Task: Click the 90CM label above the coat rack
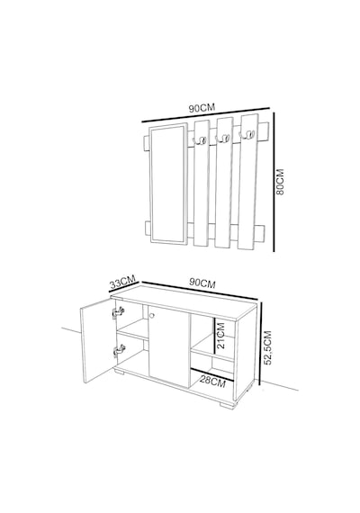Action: click(202, 108)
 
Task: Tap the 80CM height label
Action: click(280, 182)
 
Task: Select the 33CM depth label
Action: click(122, 282)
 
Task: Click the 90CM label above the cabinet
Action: click(202, 283)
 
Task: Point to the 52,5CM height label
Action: click(267, 347)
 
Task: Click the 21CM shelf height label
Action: click(221, 336)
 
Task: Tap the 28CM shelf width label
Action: click(212, 382)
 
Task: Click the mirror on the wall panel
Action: click(168, 184)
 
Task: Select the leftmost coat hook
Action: click(200, 140)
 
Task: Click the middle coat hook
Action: click(222, 139)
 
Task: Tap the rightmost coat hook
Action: click(247, 134)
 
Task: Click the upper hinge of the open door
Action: click(119, 312)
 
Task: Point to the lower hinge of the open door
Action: click(119, 351)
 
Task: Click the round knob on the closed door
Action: click(151, 315)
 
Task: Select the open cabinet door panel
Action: click(96, 340)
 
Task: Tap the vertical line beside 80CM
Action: click(274, 182)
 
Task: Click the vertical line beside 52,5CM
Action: click(260, 344)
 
